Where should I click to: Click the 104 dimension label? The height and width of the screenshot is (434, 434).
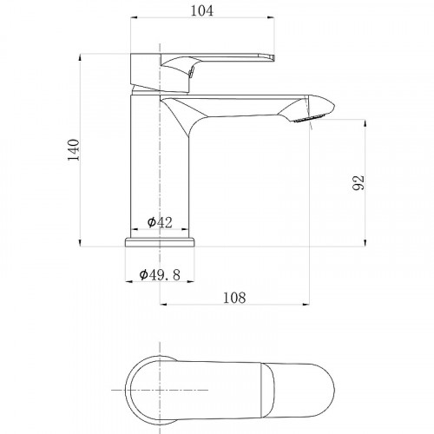(x=202, y=10)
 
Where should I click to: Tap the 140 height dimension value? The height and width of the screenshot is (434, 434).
(x=73, y=150)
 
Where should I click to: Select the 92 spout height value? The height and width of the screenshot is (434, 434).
(x=358, y=182)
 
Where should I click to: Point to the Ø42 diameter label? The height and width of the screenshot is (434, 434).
(x=160, y=222)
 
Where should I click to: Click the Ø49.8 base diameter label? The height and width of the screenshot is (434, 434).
(x=160, y=274)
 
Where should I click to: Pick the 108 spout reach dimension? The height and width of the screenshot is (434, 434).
(x=234, y=298)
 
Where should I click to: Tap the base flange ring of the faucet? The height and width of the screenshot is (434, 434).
(x=160, y=242)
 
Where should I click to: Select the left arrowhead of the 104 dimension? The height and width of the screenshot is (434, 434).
(x=135, y=18)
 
